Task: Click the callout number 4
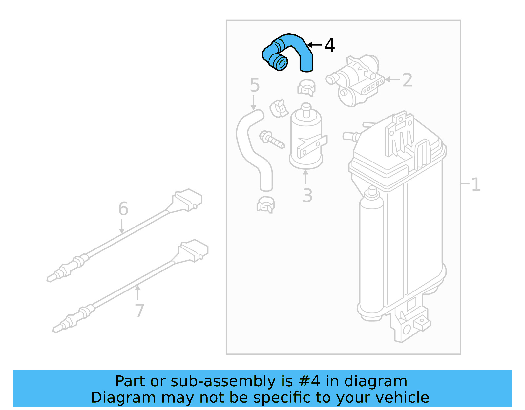coord(329,45)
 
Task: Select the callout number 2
coord(407,80)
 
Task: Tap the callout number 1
coord(476,184)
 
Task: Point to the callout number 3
coord(307,196)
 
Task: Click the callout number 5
coord(255,85)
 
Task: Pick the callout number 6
coord(123,209)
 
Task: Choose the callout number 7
coord(139,311)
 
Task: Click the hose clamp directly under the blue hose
coord(306,87)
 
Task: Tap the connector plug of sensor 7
coord(194,250)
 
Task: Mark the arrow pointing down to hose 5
coord(253,103)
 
